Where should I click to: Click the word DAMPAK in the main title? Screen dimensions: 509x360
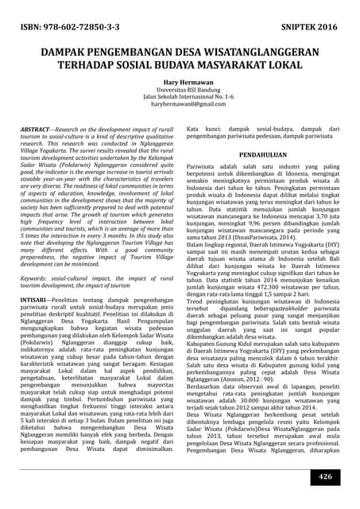coord(70,52)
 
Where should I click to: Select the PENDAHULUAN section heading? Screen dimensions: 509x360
coord(263,153)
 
